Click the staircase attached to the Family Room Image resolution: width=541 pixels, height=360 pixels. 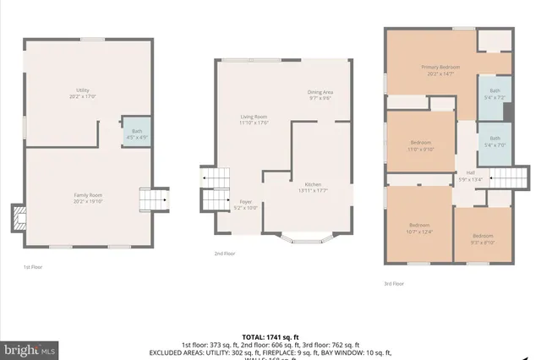(x=153, y=199)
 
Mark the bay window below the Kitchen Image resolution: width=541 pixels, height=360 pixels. (x=307, y=237)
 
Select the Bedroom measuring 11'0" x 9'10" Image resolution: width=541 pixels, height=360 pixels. (x=421, y=145)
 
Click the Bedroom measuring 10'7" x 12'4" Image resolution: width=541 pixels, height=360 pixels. (x=419, y=226)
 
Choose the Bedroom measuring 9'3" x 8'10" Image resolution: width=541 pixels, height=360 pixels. (x=483, y=237)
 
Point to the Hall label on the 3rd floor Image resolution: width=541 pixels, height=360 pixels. (x=469, y=175)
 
